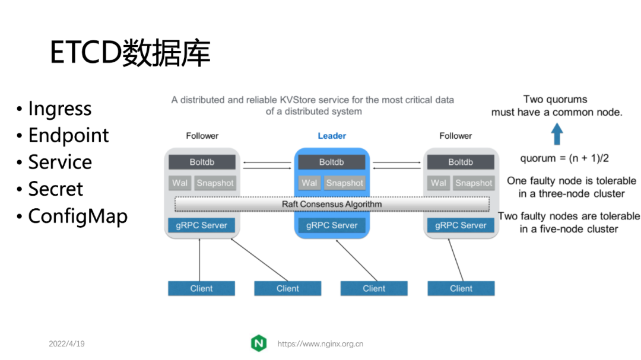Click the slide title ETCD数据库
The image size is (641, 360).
pyautogui.click(x=130, y=53)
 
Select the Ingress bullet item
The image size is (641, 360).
pyautogui.click(x=59, y=109)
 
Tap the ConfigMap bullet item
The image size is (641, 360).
pyautogui.click(x=77, y=216)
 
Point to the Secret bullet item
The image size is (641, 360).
pyautogui.click(x=55, y=189)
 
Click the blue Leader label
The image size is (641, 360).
pyautogui.click(x=332, y=136)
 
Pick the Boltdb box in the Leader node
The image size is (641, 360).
pyautogui.click(x=332, y=162)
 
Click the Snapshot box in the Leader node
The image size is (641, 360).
pyautogui.click(x=344, y=183)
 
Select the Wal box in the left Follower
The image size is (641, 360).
pyautogui.click(x=180, y=183)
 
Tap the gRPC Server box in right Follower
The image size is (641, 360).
pyautogui.click(x=461, y=225)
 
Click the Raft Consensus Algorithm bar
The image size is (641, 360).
pyautogui.click(x=332, y=204)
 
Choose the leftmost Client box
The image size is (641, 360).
pyautogui.click(x=201, y=289)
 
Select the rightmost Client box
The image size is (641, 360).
pyautogui.click(x=461, y=289)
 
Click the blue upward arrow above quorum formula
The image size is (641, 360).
pyautogui.click(x=557, y=134)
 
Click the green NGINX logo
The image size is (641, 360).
pyautogui.click(x=259, y=343)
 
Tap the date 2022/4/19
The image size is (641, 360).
pyautogui.click(x=66, y=344)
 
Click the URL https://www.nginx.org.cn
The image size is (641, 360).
pyautogui.click(x=320, y=344)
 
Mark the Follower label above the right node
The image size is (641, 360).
pyautogui.click(x=455, y=136)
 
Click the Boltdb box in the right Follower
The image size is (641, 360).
pyautogui.click(x=461, y=162)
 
